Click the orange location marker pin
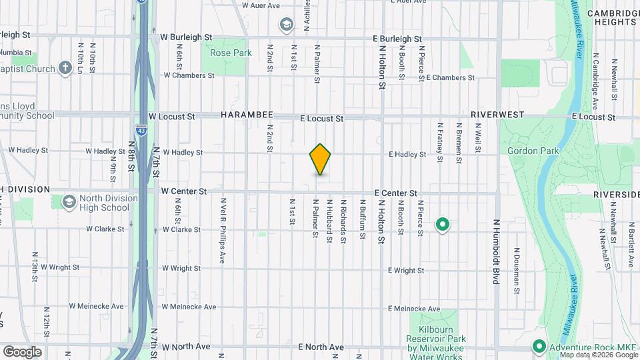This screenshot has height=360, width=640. point(320,159)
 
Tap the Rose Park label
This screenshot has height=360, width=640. point(230,53)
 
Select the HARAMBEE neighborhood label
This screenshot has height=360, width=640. point(247,115)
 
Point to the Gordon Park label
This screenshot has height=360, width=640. point(533,151)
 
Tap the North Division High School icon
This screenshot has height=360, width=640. point(69,201)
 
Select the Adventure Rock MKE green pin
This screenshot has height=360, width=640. point(538,347)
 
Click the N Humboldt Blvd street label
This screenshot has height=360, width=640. point(496,252)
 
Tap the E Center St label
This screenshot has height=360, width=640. point(395,193)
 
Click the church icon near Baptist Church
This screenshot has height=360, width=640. point(65,67)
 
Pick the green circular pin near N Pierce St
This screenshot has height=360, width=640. point(442,225)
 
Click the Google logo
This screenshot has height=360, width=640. point(22,351)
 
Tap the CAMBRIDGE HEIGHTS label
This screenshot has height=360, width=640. point(613,17)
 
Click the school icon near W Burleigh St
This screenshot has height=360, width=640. point(286,25)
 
